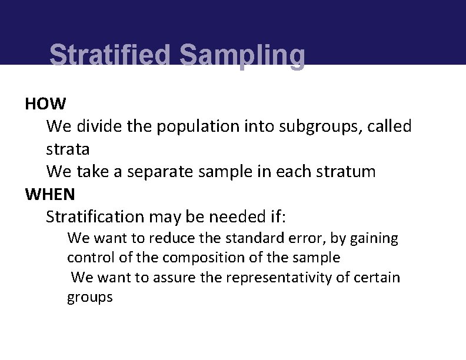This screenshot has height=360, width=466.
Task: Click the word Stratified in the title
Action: (x=111, y=56)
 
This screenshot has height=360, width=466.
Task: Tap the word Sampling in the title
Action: (x=242, y=56)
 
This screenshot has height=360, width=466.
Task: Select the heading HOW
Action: (x=45, y=104)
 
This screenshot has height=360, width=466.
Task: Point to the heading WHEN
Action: (x=50, y=194)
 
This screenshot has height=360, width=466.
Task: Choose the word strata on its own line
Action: (x=68, y=149)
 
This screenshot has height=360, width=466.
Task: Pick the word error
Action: (x=307, y=238)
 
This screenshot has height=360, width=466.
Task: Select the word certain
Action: (x=377, y=277)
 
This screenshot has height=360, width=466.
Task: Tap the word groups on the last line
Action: (x=89, y=297)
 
